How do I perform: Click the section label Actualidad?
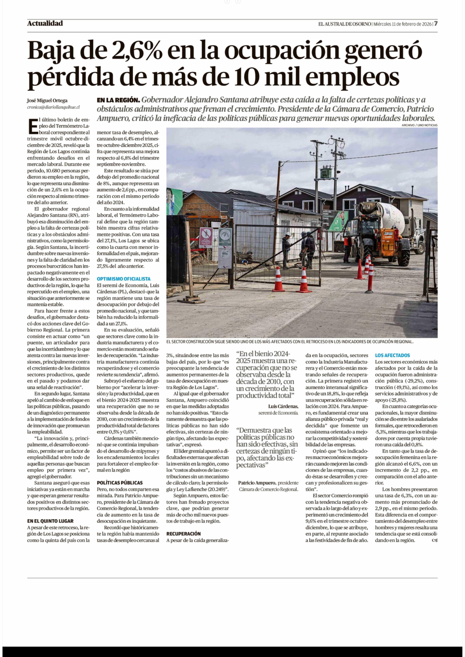pyautogui.click(x=45, y=23)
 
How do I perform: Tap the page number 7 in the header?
pyautogui.click(x=435, y=24)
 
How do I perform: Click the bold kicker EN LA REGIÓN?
pyautogui.click(x=118, y=100)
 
